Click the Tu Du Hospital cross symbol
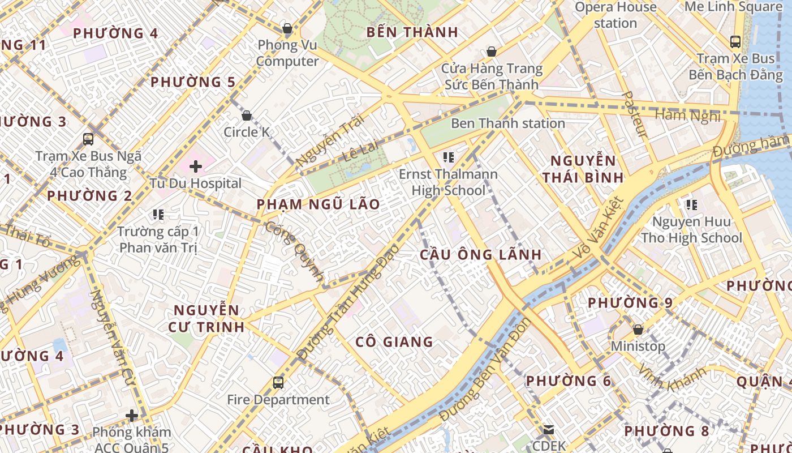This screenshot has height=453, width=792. pyautogui.click(x=196, y=166)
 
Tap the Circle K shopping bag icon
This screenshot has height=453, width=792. pyautogui.click(x=247, y=116)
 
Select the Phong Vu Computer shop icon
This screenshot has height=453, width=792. pyautogui.click(x=287, y=28)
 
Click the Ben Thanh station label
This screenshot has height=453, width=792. pyautogui.click(x=507, y=123)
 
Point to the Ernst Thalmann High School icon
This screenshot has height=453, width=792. pyautogui.click(x=449, y=157)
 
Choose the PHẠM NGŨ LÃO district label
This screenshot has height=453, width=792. pyautogui.click(x=318, y=204)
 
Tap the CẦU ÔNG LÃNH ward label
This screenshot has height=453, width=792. pyautogui.click(x=480, y=255)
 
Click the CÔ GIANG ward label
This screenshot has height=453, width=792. pyautogui.click(x=394, y=342)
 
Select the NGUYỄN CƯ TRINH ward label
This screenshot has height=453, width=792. pyautogui.click(x=206, y=318)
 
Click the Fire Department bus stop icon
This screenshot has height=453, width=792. pyautogui.click(x=278, y=383)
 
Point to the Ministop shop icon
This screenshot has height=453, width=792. pyautogui.click(x=638, y=330)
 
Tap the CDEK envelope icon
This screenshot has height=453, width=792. pyautogui.click(x=548, y=430)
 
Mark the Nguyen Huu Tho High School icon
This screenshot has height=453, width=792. pyautogui.click(x=691, y=204)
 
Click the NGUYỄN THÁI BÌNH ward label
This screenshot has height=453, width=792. pyautogui.click(x=583, y=169)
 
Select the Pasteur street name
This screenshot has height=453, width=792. pyautogui.click(x=635, y=114)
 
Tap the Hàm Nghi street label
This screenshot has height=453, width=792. pyautogui.click(x=687, y=116)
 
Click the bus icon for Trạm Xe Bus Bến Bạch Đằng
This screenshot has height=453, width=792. pyautogui.click(x=735, y=42)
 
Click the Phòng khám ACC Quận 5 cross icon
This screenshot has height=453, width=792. pyautogui.click(x=132, y=416)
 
